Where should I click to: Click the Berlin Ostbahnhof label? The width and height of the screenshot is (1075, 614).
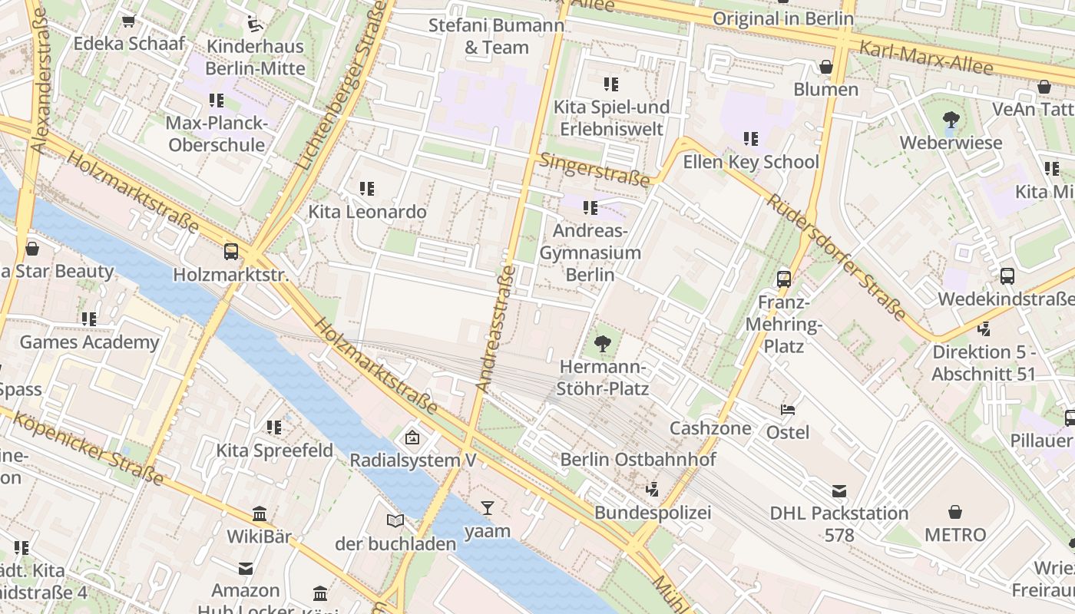pos(637,459)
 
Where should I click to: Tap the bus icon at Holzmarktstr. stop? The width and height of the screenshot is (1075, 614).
pos(230,251)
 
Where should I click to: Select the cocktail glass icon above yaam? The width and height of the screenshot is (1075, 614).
pos(488,507)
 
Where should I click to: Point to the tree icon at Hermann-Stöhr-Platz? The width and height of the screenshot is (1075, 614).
pos(603,343)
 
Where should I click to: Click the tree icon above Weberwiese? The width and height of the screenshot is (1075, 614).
pos(951,119)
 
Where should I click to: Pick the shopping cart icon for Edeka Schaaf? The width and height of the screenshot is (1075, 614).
pos(129,21)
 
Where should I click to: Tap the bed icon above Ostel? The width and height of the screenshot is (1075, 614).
pos(788,409)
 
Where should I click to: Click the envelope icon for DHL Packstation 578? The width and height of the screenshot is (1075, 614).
pos(839,490)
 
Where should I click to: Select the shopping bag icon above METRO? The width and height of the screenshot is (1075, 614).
pos(955,511)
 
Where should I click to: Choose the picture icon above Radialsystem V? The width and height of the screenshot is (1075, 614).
pos(412,438)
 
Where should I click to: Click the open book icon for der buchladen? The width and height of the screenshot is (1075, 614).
pos(395,521)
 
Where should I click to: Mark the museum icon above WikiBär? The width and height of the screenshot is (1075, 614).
pos(260,513)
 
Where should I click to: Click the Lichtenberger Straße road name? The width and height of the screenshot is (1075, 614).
pos(340,84)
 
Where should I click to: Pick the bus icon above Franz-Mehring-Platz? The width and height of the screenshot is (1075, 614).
pos(783,279)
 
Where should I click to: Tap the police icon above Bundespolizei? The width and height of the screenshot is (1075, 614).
pos(653,489)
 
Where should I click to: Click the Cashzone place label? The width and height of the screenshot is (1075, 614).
pos(710,427)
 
